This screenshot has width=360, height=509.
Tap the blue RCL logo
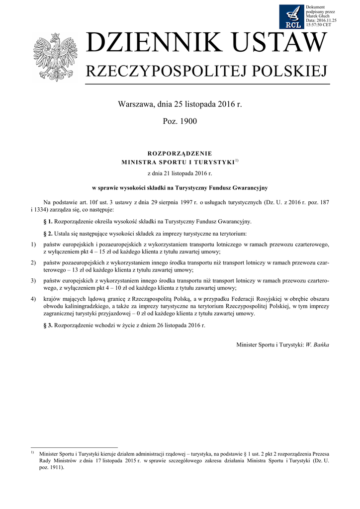(x=292, y=16)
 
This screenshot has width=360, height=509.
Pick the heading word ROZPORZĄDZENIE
(x=180, y=154)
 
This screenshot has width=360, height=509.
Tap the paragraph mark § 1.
(x=49, y=221)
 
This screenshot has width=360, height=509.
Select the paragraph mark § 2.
(x=49, y=233)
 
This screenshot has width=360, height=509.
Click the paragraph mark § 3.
(x=49, y=325)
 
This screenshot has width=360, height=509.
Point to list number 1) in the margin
(x=33, y=245)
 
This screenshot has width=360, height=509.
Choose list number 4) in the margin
(x=33, y=299)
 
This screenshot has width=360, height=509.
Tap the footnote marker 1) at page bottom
(x=32, y=453)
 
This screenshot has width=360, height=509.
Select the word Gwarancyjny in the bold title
(x=250, y=187)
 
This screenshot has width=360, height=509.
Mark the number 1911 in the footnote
(x=53, y=468)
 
